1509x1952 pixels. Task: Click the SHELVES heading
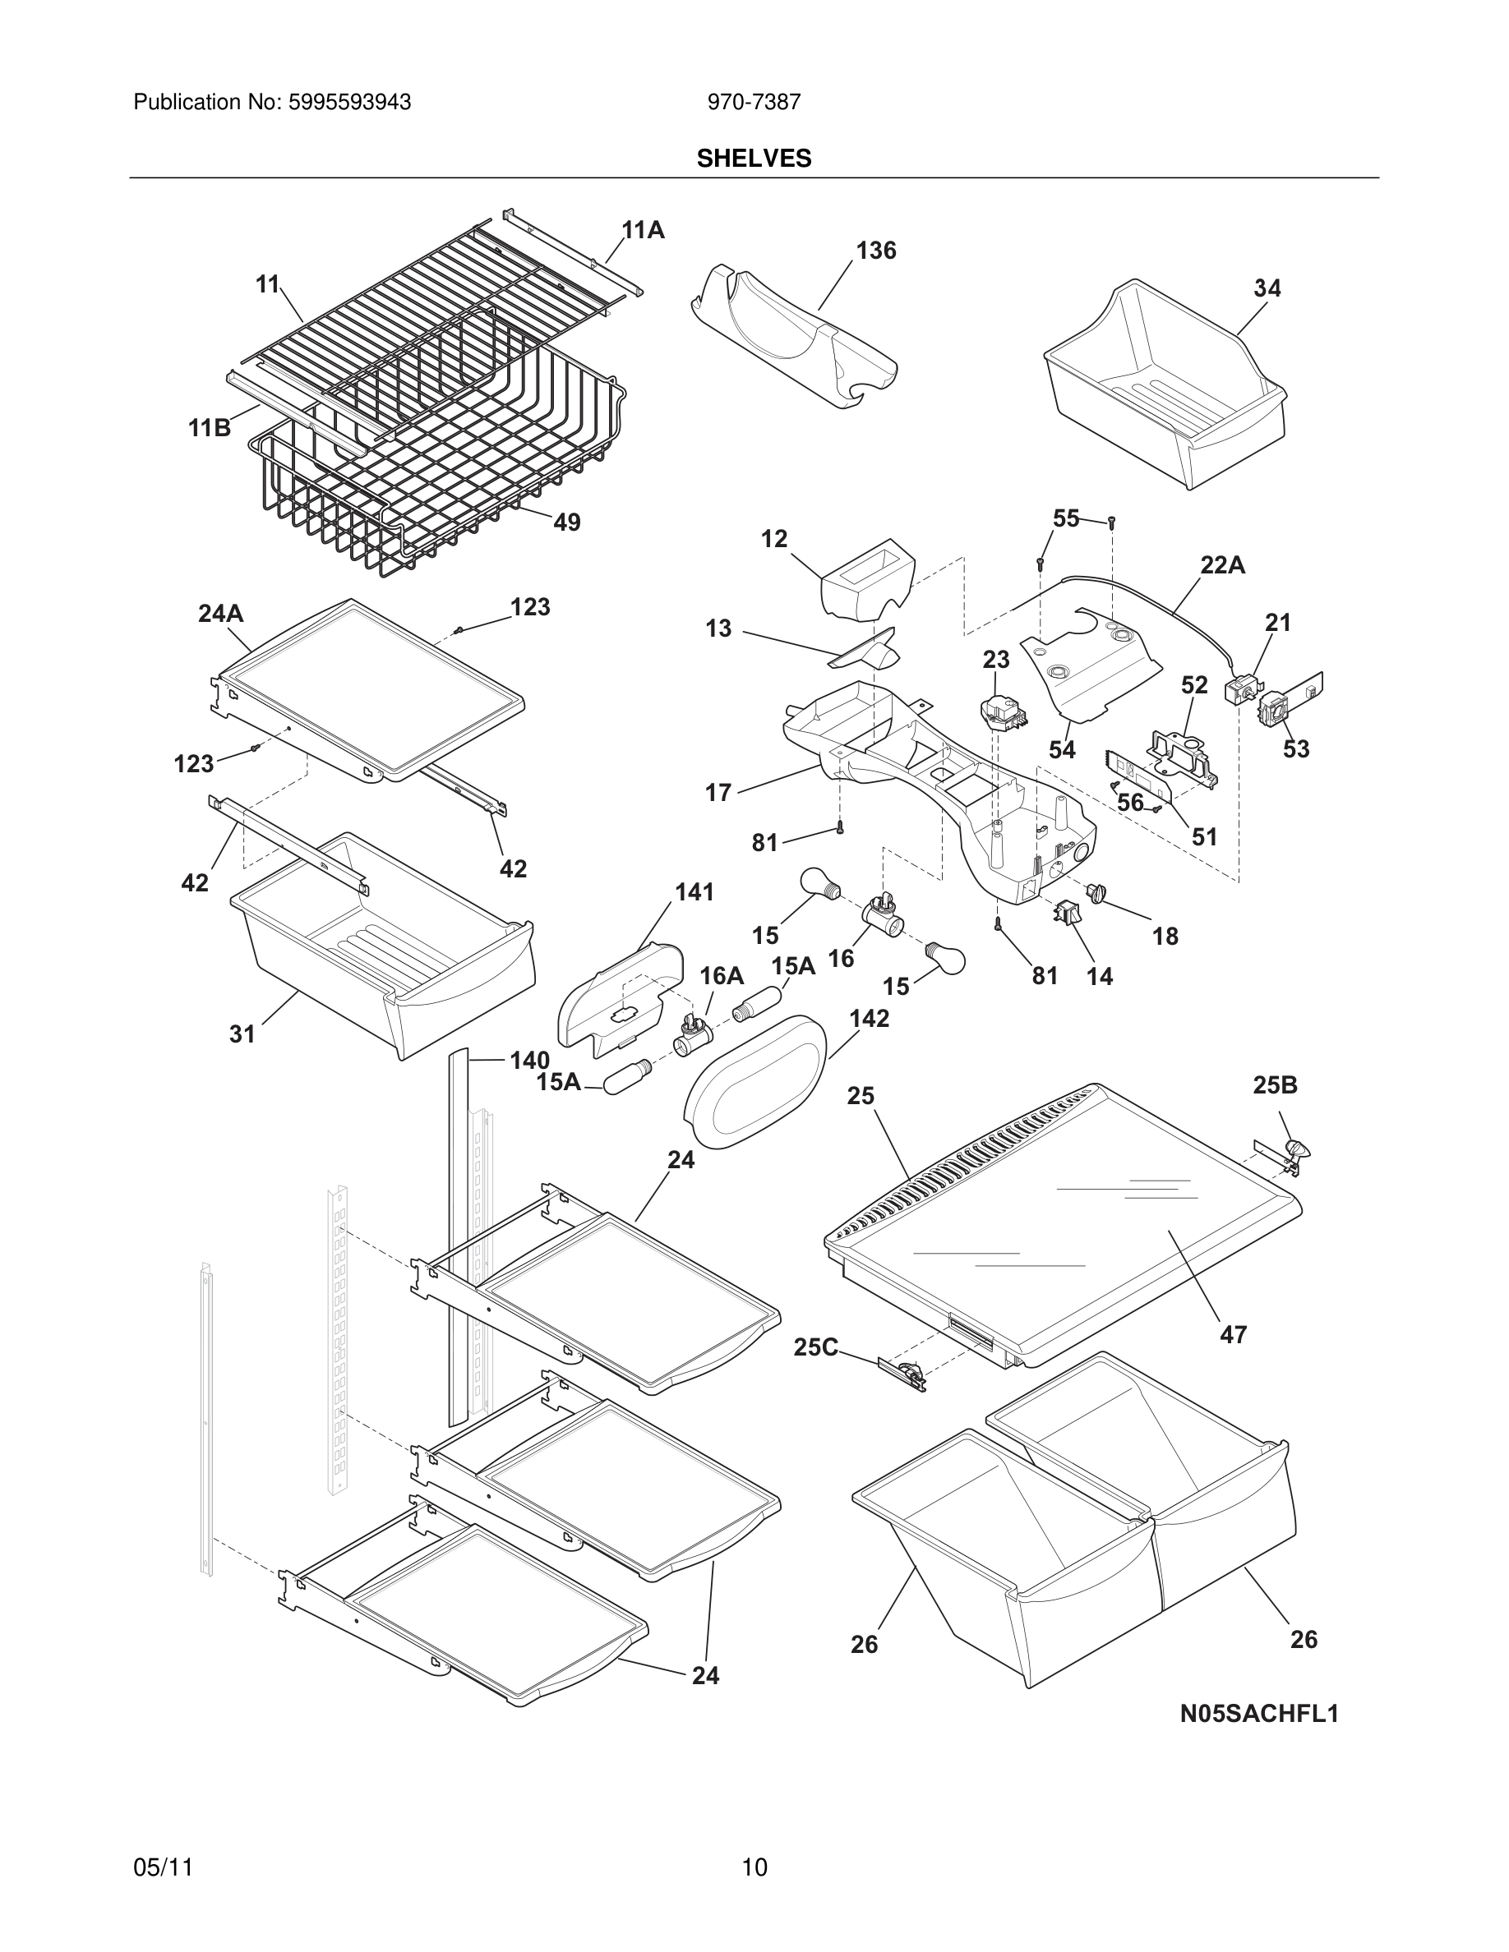(x=754, y=159)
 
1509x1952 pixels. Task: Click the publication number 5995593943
(x=348, y=103)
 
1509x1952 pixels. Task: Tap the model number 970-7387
(x=754, y=103)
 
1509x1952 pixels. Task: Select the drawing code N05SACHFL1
(x=1258, y=1714)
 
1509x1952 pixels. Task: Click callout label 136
(x=875, y=251)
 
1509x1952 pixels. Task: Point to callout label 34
(x=1267, y=288)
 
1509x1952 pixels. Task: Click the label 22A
(x=1222, y=565)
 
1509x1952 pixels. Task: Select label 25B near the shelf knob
(x=1275, y=1085)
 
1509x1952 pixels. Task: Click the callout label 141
(x=695, y=892)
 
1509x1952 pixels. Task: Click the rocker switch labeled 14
(x=1068, y=914)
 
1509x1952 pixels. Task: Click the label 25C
(x=816, y=1347)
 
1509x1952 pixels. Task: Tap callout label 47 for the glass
(x=1233, y=1335)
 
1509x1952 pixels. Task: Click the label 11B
(x=210, y=429)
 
